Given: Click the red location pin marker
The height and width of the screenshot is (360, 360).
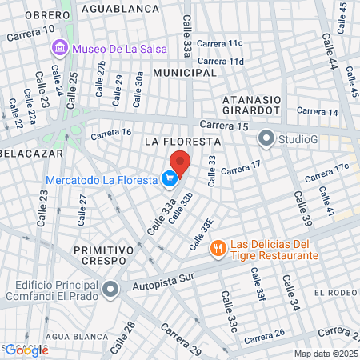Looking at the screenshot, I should coord(180,163).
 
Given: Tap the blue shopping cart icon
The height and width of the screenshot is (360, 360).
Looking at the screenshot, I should coord(169,180).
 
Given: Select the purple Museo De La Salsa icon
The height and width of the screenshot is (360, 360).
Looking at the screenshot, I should coord(58,49).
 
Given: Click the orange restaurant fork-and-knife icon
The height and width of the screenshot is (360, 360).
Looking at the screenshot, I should coord(217,249).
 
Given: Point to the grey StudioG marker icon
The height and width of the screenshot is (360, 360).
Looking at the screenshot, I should coord(266,139).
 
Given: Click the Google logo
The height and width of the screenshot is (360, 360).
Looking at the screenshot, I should coord(26,350).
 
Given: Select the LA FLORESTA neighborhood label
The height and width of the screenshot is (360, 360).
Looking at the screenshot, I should coord(182,141).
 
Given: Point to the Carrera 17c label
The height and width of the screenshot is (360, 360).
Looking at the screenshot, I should coord(331,169).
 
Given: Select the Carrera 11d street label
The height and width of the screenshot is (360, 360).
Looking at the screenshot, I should coord(220,61).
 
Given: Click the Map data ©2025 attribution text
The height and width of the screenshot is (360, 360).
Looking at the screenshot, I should coord(326,354).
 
